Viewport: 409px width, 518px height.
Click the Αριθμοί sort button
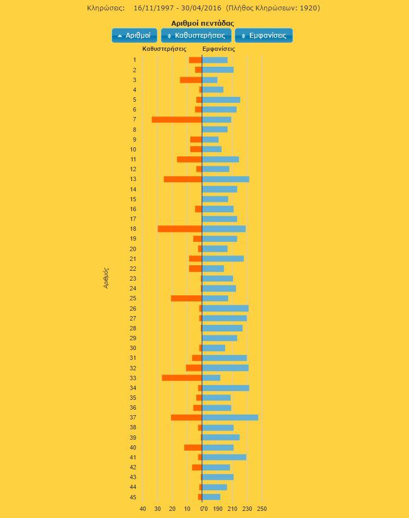click(134, 36)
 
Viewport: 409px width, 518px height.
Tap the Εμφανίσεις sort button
click(264, 36)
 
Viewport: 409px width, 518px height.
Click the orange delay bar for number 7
click(177, 119)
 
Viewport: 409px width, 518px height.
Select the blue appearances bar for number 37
click(230, 417)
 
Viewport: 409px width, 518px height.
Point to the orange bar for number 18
click(180, 229)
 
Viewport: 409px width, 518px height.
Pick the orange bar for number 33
click(182, 378)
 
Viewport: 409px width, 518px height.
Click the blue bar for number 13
click(225, 179)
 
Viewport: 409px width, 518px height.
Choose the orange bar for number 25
click(186, 298)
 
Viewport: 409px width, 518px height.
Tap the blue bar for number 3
click(209, 80)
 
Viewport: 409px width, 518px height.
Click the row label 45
click(133, 497)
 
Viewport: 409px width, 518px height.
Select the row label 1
click(135, 60)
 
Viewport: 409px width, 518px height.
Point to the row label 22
click(133, 269)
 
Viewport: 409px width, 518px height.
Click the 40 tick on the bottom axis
click(143, 509)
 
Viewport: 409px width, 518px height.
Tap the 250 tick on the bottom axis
click(262, 509)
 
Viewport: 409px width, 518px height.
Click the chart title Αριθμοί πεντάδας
click(202, 23)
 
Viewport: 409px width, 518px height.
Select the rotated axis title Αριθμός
click(106, 278)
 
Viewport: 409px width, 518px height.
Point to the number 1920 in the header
click(309, 8)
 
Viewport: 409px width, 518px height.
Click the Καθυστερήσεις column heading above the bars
click(164, 49)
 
